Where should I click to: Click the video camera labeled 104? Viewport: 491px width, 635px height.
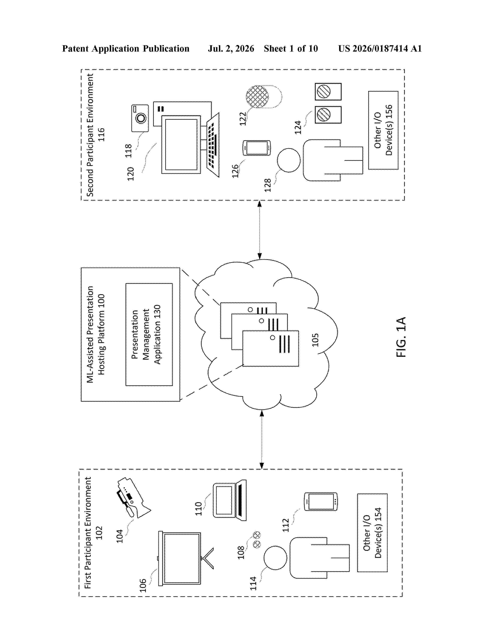point(133,498)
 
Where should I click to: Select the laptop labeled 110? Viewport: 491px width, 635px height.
point(230,500)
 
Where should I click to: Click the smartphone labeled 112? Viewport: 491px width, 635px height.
point(321,501)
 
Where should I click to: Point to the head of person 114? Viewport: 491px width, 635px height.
point(275,558)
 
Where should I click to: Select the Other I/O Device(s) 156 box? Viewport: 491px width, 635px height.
point(383,130)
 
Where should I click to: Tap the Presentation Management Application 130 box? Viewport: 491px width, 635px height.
point(149,334)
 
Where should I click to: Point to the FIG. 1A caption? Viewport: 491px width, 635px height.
point(401,337)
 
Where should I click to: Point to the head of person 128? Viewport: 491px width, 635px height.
point(289,160)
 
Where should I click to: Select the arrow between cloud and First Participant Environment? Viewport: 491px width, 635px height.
point(261,439)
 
